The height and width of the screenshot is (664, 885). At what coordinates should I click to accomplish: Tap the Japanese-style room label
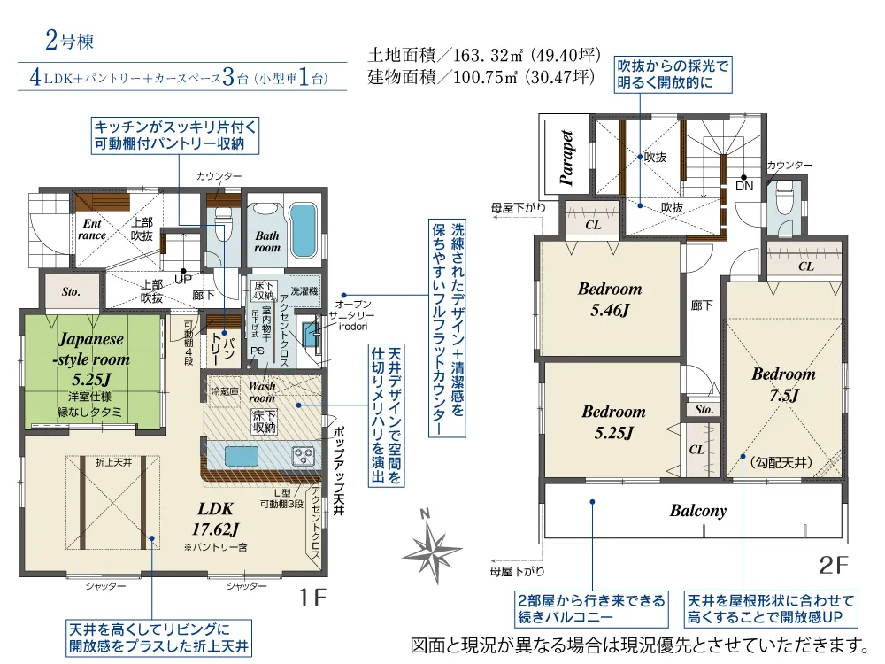(x=94, y=349)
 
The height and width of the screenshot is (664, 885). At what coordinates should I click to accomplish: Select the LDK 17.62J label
(x=216, y=518)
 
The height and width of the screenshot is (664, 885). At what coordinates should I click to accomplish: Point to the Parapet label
(x=566, y=158)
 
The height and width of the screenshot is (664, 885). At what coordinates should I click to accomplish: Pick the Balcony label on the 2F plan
(x=697, y=511)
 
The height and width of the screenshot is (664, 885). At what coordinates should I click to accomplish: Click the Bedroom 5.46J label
(x=610, y=298)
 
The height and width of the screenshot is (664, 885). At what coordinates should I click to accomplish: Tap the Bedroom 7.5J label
(x=783, y=384)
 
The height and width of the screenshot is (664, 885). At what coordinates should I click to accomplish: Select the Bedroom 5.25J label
(x=613, y=421)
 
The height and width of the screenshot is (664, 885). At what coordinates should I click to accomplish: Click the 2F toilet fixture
(x=784, y=199)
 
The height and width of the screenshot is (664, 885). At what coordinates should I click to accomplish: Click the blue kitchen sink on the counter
(x=242, y=456)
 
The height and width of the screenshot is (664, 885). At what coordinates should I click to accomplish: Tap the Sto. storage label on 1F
(x=71, y=292)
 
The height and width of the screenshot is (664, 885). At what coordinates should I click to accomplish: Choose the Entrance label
(x=93, y=229)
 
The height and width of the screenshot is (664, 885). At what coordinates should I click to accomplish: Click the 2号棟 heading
(x=69, y=41)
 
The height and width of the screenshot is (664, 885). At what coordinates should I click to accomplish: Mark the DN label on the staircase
(x=744, y=186)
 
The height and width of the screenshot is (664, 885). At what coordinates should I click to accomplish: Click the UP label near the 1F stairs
(x=183, y=279)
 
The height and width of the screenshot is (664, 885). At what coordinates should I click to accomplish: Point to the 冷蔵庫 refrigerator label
(x=225, y=390)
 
